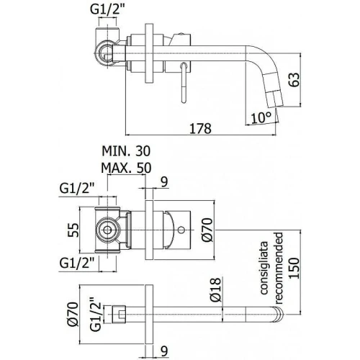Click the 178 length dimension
(201, 128)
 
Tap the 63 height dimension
(294, 79)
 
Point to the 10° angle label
(261, 117)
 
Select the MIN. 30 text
(126, 151)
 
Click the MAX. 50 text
(126, 168)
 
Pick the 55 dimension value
(73, 230)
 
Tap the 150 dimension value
(294, 268)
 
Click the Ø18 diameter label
(215, 289)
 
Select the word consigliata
(264, 268)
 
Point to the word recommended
(279, 268)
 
